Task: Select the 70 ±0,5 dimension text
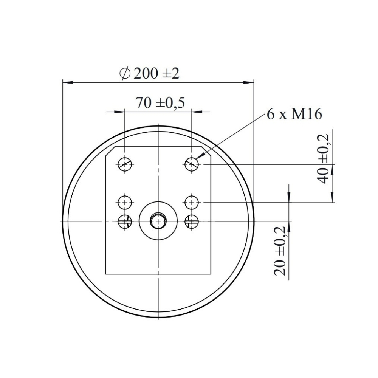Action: click(160, 103)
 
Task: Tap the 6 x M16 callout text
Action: click(294, 114)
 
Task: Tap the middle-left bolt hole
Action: click(125, 202)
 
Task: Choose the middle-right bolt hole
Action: click(192, 202)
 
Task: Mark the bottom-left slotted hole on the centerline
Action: click(125, 221)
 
